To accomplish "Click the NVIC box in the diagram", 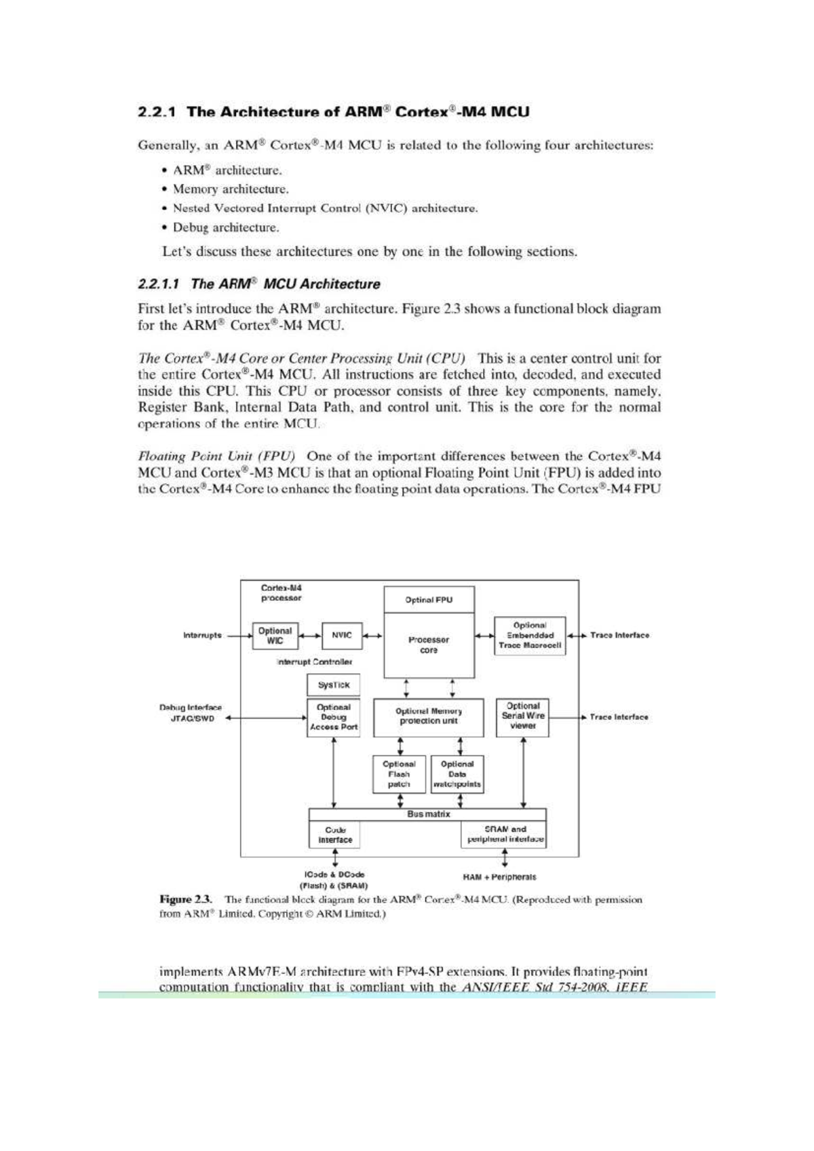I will coord(342,636).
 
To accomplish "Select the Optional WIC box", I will coord(275,636).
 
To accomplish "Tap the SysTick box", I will coord(333,685).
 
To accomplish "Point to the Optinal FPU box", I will coord(429,600).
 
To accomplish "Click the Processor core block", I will coord(429,645).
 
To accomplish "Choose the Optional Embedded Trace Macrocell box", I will coord(530,636).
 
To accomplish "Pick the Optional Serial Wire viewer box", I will coord(522,717).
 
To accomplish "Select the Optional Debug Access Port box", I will coord(333,717).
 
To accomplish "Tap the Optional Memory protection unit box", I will coord(429,717).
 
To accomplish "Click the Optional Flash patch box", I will coord(399,774).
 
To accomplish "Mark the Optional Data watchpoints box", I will coord(457,774).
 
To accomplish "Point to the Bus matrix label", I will coord(428,814).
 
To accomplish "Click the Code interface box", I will coord(335,835).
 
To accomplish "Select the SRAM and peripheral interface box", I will coord(505,835).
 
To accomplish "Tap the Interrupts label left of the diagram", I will coord(202,636).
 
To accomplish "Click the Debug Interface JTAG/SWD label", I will coord(191,713).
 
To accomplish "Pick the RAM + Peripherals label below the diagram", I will coord(499,878).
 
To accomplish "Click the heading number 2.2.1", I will coord(157,112).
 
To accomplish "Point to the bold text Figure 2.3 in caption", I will coord(186,900).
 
